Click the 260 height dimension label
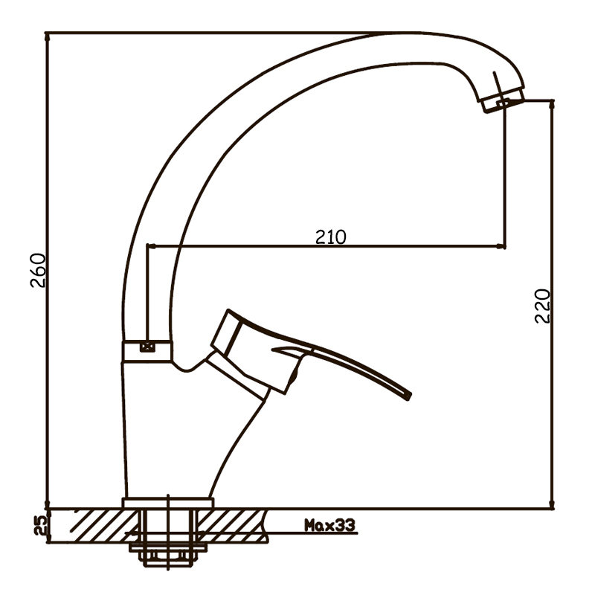[38, 270]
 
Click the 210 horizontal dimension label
[331, 237]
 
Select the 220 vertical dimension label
[542, 306]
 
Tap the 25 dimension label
[41, 526]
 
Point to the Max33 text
[329, 525]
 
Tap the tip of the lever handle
[408, 396]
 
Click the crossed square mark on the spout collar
[147, 347]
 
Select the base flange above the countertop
[168, 503]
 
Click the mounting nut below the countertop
[168, 555]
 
